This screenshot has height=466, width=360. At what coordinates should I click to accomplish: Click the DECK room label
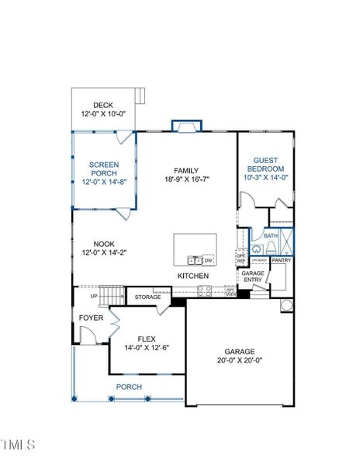(103, 106)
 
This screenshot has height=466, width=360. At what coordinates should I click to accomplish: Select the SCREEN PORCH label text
(103, 169)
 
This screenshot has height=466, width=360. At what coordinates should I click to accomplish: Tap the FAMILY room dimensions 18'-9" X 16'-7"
(187, 179)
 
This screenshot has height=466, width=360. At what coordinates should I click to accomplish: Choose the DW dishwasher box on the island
(209, 259)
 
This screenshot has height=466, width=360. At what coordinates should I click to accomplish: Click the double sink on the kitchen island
(194, 259)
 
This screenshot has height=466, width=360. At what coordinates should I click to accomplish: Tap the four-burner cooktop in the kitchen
(204, 291)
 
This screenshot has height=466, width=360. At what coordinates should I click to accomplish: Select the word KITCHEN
(194, 276)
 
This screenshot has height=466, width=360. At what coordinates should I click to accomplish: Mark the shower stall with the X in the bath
(287, 242)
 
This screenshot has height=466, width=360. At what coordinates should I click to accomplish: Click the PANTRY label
(281, 260)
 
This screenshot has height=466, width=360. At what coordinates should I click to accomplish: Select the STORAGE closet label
(147, 297)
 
